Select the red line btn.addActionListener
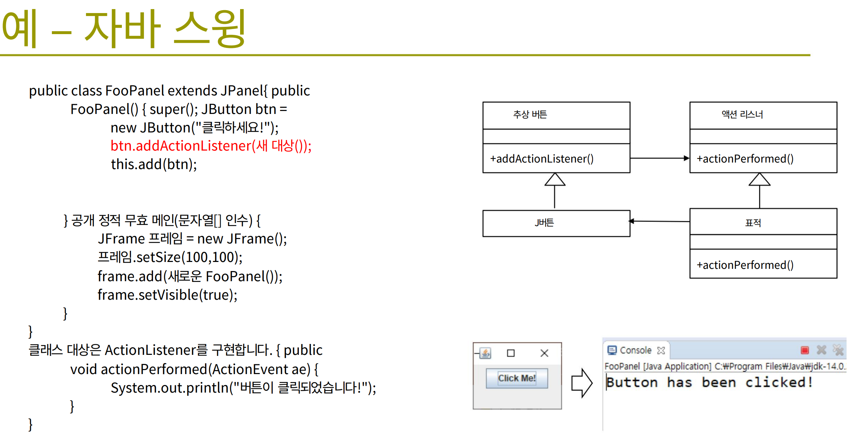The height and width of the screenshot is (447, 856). [x=211, y=146]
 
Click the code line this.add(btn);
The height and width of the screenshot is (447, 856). [x=154, y=164]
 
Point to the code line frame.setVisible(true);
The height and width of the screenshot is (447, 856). [x=168, y=295]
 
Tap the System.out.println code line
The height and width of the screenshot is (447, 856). [x=243, y=388]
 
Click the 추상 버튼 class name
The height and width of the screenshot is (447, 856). [x=530, y=115]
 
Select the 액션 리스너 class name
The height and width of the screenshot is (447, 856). [x=742, y=115]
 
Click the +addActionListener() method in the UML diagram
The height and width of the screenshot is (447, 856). [x=542, y=159]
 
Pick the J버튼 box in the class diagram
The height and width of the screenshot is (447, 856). [x=556, y=223]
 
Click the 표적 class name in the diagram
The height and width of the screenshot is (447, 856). [x=753, y=223]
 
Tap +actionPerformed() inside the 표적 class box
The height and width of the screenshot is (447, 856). [x=745, y=265]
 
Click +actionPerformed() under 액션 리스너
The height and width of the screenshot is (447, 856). [x=745, y=159]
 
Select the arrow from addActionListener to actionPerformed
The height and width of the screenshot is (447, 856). [x=660, y=158]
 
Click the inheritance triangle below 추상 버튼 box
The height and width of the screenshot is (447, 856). [x=555, y=179]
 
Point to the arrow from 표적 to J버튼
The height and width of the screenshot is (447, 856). [x=659, y=221]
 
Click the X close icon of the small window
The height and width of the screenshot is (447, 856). [x=544, y=353]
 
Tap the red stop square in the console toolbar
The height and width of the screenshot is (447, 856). [x=805, y=350]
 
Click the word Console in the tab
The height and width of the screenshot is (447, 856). [x=635, y=350]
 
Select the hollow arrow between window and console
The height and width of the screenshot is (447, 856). [x=582, y=383]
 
